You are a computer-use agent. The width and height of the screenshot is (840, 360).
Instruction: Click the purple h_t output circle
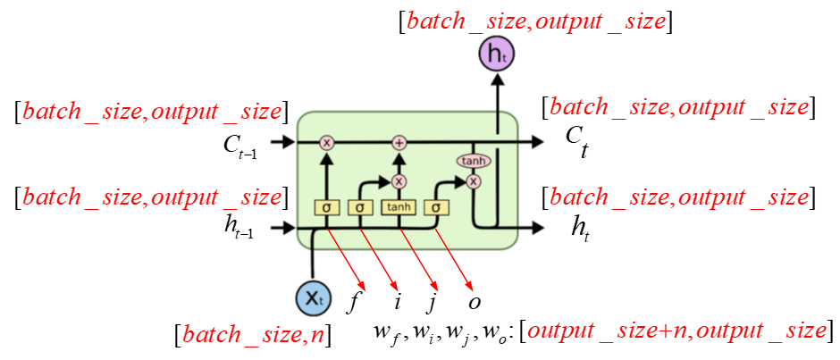496,56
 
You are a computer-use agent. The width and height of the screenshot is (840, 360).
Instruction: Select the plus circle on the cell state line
399,142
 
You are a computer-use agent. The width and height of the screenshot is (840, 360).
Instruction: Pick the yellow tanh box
399,207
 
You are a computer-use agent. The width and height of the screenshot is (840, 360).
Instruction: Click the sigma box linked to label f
327,207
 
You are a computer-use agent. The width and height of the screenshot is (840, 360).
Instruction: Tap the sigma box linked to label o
436,207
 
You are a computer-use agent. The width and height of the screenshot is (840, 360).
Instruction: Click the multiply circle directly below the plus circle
399,180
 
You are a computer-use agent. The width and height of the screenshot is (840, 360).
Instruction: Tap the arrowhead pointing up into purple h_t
496,79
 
